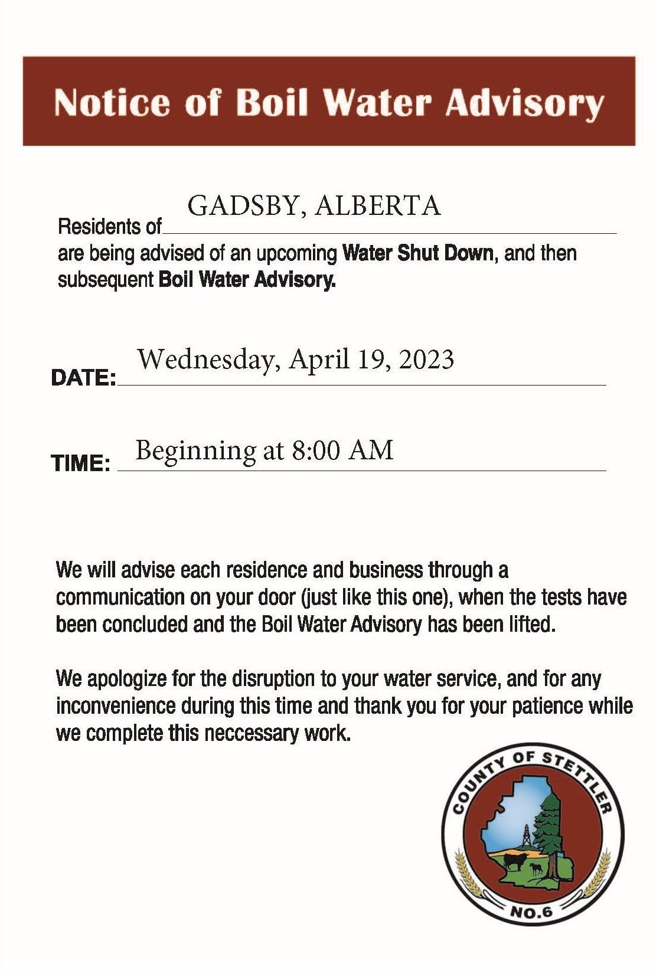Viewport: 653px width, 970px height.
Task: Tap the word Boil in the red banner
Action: tap(272, 103)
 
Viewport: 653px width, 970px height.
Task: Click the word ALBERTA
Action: tap(378, 206)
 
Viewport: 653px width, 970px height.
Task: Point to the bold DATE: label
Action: tap(83, 378)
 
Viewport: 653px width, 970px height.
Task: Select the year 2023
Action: tap(426, 360)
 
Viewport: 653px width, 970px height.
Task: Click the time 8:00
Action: tap(315, 450)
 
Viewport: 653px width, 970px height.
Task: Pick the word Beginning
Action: tap(195, 452)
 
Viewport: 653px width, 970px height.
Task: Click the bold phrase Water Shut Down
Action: tap(417, 253)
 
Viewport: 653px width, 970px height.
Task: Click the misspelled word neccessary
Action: tap(252, 733)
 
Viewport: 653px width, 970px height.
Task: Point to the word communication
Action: tap(119, 597)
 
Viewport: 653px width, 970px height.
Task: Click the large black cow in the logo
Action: tap(514, 861)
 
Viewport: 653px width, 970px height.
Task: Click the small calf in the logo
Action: tap(536, 868)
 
